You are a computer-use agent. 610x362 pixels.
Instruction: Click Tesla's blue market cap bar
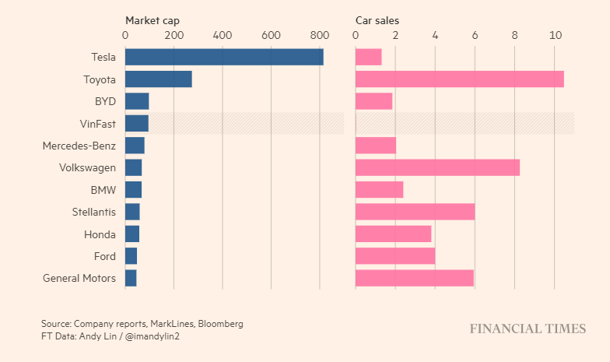click(x=224, y=57)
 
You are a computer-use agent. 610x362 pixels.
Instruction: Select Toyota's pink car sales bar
click(x=459, y=79)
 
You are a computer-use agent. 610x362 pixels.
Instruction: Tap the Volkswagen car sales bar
click(x=437, y=167)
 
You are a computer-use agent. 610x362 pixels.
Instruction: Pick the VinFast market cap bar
click(x=137, y=123)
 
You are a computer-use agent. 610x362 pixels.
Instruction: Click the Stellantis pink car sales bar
click(x=415, y=212)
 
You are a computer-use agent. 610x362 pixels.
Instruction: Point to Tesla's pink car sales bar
click(x=368, y=57)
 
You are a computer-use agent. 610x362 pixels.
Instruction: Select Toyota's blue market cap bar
click(x=158, y=79)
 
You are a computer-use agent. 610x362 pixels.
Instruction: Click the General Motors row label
click(x=79, y=278)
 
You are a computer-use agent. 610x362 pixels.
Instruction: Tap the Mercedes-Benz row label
click(x=79, y=146)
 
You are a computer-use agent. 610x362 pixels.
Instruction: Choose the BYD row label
click(x=104, y=101)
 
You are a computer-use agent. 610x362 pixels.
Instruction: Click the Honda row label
click(x=100, y=234)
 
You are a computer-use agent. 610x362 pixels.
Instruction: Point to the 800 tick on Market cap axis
click(x=320, y=36)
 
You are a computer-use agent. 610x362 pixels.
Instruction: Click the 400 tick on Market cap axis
click(x=223, y=36)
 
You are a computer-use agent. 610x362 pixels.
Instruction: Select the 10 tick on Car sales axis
click(x=555, y=36)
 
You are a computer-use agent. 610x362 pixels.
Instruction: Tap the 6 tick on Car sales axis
click(x=475, y=36)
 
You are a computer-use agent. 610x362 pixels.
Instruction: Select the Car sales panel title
click(x=377, y=20)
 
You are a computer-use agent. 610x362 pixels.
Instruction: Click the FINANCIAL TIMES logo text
click(x=528, y=329)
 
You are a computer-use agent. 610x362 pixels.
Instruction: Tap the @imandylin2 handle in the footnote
click(x=152, y=336)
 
